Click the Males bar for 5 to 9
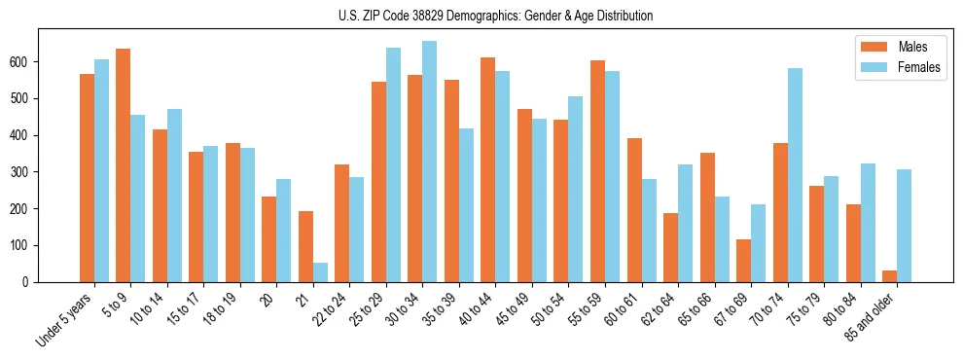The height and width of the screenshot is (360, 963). [x=124, y=165]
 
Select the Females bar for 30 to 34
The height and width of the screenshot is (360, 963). [x=430, y=162]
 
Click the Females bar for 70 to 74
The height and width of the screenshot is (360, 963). [x=795, y=175]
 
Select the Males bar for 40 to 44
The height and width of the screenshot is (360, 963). [x=488, y=169]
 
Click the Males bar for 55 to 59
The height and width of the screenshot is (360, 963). [x=597, y=171]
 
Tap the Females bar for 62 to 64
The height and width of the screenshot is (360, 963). [x=685, y=223]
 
